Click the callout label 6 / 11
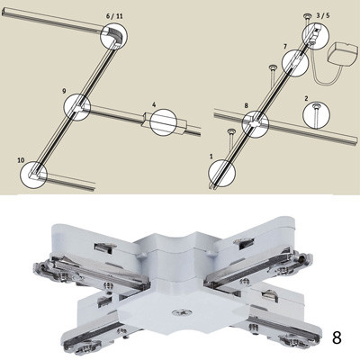click(114, 16)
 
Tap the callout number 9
click(65, 91)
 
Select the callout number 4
click(154, 104)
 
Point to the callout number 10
click(21, 160)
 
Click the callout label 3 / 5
click(323, 15)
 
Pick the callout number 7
click(285, 46)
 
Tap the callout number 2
click(306, 98)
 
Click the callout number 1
click(211, 157)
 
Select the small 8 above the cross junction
click(247, 105)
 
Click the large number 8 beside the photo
click(337, 337)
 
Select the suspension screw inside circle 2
click(316, 115)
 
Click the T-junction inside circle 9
click(78, 108)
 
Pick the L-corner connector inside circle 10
click(34, 174)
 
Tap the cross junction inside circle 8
click(256, 123)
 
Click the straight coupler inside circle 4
click(164, 122)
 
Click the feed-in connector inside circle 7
click(295, 62)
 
